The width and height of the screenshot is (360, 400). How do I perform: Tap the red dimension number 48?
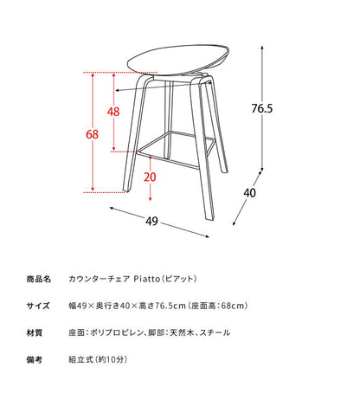(x=112, y=112)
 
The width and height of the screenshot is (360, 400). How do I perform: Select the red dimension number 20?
(x=150, y=177)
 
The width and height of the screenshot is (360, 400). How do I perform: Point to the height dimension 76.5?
(x=263, y=109)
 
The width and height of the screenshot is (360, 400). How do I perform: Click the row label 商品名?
(x=41, y=280)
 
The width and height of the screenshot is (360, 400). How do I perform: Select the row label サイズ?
(x=41, y=306)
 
